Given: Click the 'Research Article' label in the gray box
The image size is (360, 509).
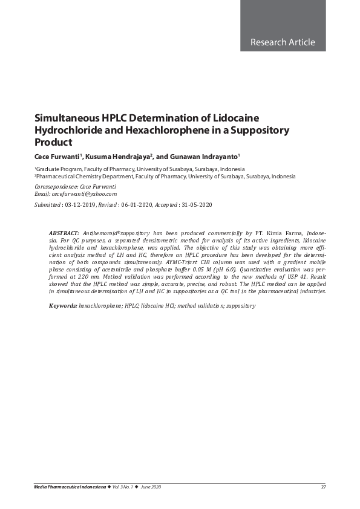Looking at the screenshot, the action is tap(283, 42).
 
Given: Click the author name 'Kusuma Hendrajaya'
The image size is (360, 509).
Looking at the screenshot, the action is tap(118, 157).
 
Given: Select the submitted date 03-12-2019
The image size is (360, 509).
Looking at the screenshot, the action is tap(80, 206).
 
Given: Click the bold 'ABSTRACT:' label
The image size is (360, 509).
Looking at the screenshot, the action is tap(64, 233).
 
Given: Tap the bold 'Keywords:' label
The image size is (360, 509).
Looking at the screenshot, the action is tap(63, 306).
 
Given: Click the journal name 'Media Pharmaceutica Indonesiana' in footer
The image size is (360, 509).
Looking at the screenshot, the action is tap(70, 487).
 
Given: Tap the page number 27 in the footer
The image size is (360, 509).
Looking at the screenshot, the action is tap(324, 487).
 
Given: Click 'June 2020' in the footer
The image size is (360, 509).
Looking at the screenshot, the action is tap(150, 487).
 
